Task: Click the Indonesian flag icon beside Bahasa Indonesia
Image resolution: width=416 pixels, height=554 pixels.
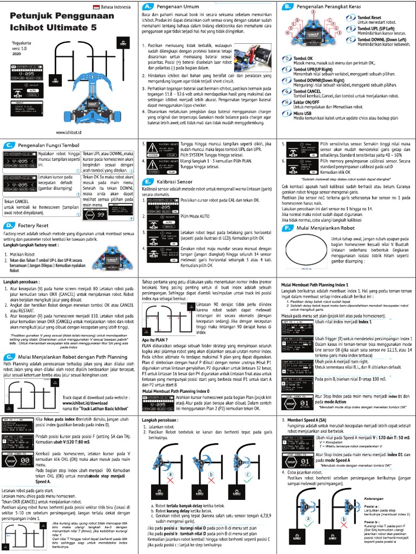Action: pos(97,7)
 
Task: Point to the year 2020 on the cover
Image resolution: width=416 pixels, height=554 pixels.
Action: pos(16,54)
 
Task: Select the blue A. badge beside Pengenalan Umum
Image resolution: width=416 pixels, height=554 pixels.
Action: pos(146,6)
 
